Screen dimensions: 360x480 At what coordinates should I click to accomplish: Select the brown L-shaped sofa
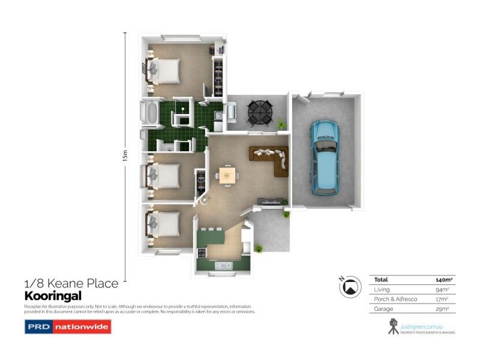point(272,159)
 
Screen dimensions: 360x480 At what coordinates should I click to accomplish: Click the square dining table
point(227,175)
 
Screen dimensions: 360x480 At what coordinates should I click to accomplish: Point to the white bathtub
point(150,113)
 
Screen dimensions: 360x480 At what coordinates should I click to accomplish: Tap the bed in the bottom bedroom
point(164,224)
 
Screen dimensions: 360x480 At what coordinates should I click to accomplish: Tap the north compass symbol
point(348,287)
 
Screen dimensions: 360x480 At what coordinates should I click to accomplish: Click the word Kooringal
point(52,296)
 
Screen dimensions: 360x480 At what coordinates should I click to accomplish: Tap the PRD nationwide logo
point(67,328)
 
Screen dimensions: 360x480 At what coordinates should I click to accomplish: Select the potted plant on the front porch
point(259,248)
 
